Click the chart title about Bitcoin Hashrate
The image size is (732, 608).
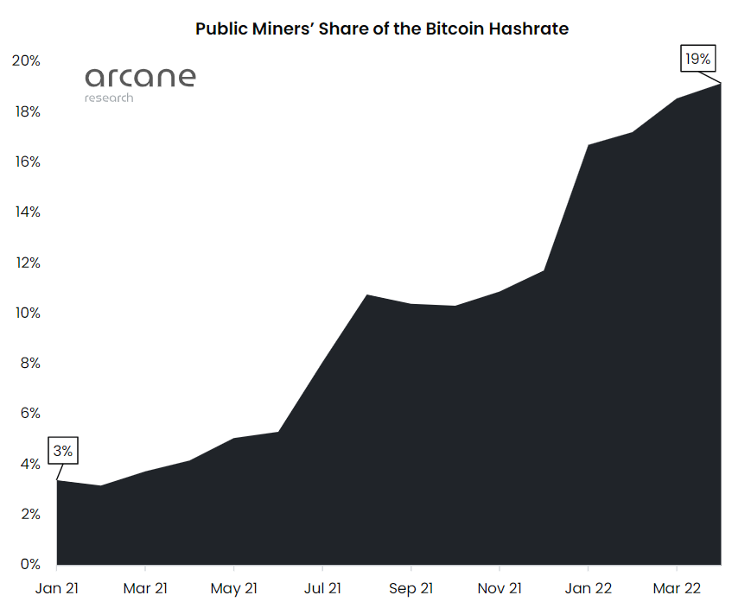(x=381, y=28)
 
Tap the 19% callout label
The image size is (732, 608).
(x=697, y=60)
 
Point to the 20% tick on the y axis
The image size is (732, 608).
(x=26, y=60)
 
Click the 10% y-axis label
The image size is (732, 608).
(x=26, y=313)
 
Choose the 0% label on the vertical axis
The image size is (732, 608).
(x=29, y=565)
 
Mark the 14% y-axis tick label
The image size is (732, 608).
(x=26, y=212)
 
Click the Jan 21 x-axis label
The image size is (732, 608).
(x=56, y=588)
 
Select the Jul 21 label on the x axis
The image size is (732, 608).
(x=322, y=588)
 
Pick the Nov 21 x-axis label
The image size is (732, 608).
(x=500, y=588)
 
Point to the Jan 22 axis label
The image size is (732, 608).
(x=588, y=588)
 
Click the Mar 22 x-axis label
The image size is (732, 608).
(x=677, y=588)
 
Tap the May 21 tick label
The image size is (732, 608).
(x=234, y=588)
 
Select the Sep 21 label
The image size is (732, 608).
(x=411, y=588)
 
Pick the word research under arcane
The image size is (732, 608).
(x=109, y=98)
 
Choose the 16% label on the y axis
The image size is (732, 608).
(x=26, y=161)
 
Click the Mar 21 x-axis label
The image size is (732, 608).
(x=145, y=588)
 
